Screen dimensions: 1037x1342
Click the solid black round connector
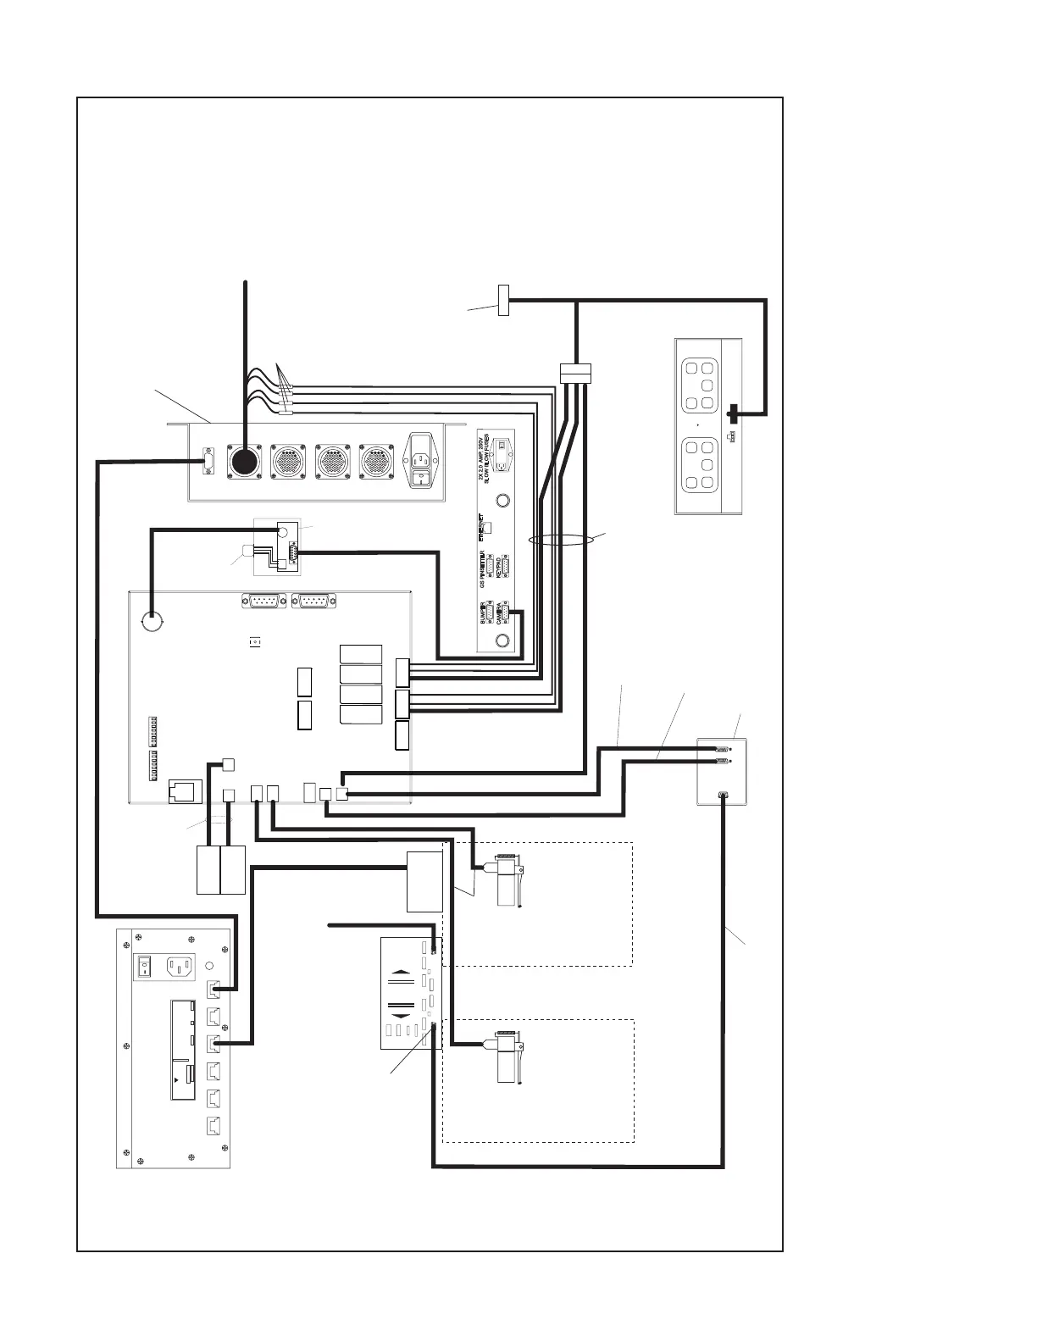tap(245, 462)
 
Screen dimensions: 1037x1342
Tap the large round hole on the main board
tap(153, 622)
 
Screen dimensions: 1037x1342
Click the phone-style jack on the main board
tap(186, 789)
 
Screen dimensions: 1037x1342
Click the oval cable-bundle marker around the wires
tap(558, 539)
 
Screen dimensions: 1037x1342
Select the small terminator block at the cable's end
tap(503, 301)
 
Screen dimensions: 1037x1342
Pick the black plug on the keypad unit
tap(733, 414)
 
